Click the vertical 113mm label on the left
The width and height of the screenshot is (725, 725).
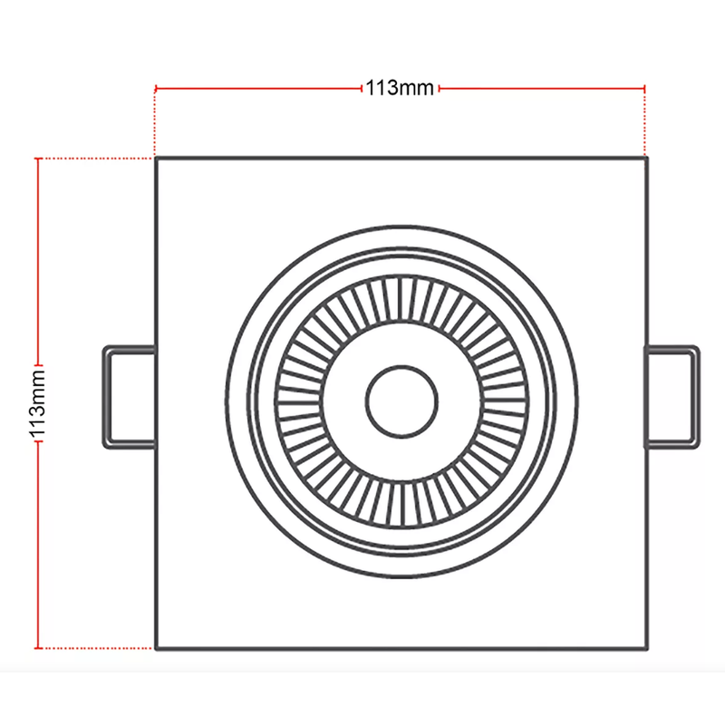(x=38, y=403)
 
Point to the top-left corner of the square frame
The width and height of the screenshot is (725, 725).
(x=157, y=159)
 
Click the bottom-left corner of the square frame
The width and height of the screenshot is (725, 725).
(x=157, y=648)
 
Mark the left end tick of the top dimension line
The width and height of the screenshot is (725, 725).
(x=157, y=89)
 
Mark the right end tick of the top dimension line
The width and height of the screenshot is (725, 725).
(x=644, y=89)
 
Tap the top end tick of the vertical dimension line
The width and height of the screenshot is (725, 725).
(x=38, y=159)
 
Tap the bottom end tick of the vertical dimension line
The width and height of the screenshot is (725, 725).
(x=38, y=648)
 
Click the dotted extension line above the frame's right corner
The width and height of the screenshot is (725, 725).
(x=644, y=123)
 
